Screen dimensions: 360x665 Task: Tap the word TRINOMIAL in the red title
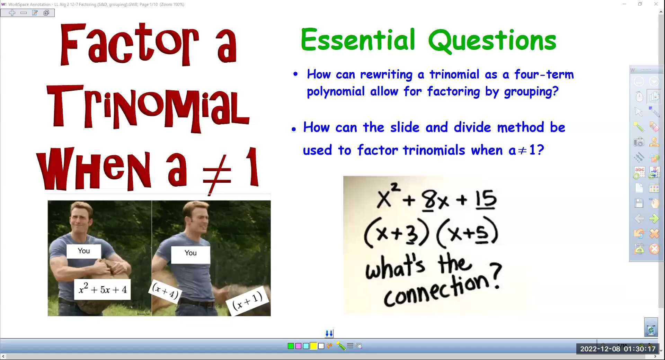click(148, 108)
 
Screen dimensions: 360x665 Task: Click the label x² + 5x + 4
click(103, 289)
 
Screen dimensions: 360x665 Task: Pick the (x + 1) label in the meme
click(247, 301)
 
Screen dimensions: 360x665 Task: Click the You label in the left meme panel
click(84, 251)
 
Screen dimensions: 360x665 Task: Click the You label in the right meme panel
click(190, 253)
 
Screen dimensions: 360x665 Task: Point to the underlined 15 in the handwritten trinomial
click(486, 200)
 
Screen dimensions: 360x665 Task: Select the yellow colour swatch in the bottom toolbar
click(313, 346)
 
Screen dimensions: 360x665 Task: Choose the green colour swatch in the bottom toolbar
click(291, 346)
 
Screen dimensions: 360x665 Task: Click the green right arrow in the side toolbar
click(654, 218)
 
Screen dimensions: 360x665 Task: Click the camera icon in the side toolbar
click(639, 142)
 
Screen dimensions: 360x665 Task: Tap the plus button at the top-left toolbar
click(12, 13)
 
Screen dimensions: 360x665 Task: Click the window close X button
click(656, 4)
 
